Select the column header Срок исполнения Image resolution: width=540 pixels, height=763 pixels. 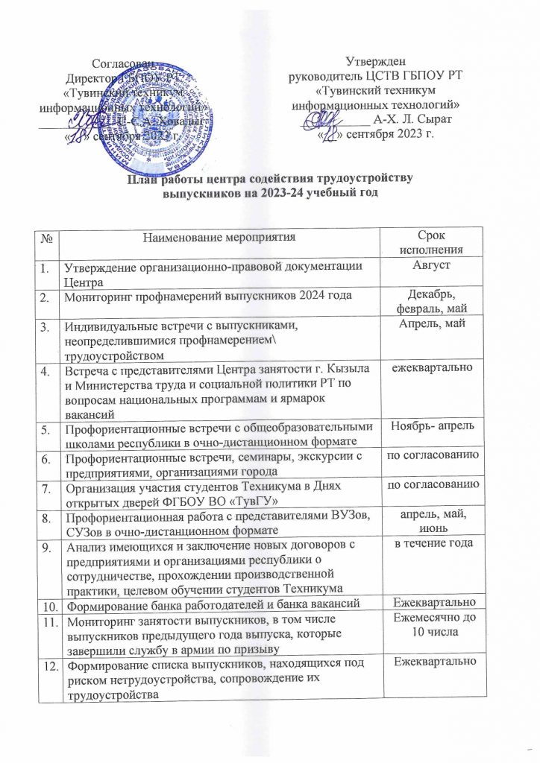(434, 244)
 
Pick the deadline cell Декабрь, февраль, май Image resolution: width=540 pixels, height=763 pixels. (434, 299)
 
